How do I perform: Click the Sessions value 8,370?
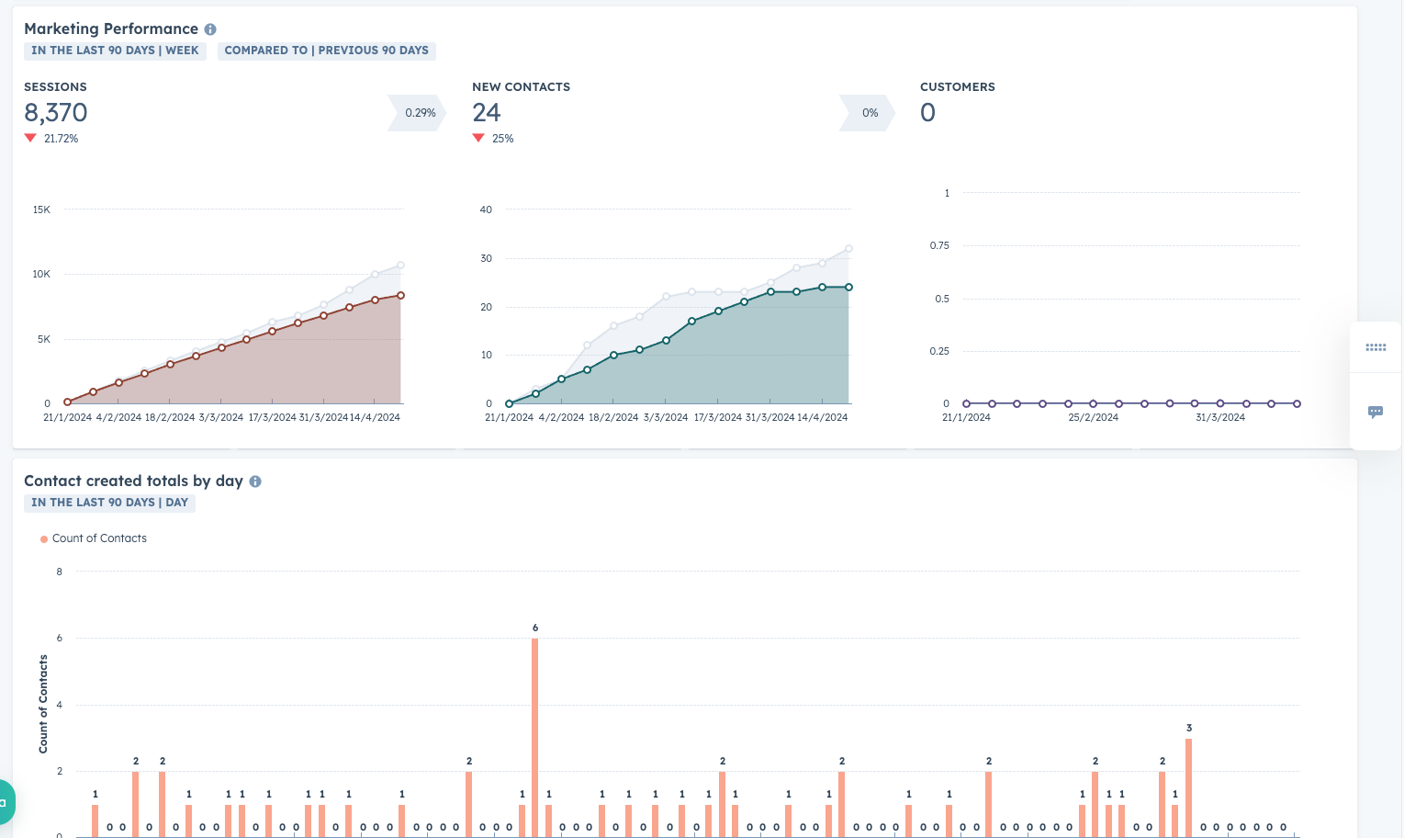point(56,113)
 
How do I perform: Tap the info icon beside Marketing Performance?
point(210,29)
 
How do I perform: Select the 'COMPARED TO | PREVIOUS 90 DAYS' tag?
point(326,51)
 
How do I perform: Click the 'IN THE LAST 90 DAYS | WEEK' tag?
point(115,51)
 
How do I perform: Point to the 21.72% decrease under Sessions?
point(61,139)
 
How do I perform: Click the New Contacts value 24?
point(487,113)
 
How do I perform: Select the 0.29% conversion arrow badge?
point(419,113)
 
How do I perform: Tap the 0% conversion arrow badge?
point(869,113)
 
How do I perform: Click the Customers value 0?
point(927,113)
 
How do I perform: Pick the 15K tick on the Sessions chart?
point(41,209)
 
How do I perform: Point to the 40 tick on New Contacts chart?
point(486,209)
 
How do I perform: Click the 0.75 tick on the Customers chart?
point(939,245)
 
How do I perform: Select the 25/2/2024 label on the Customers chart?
point(1093,417)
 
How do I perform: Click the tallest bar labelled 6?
point(535,735)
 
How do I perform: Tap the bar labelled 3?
point(1188,786)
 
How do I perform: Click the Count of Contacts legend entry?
point(98,538)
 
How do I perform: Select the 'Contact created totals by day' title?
point(133,481)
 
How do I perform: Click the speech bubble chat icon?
point(1375,412)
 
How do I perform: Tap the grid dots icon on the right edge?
point(1375,347)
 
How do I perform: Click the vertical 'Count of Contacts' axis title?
point(43,704)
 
